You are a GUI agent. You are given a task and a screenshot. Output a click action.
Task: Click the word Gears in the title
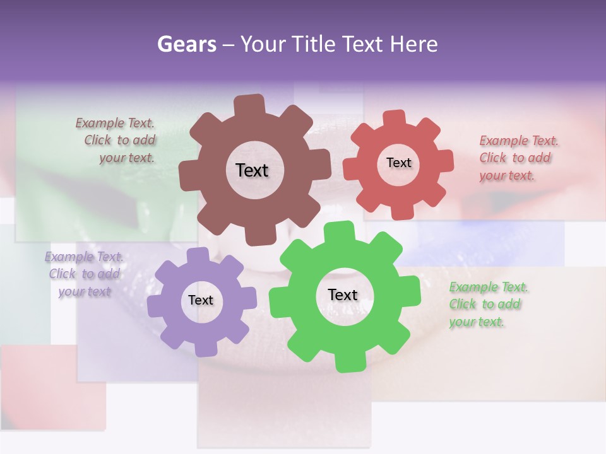click(186, 44)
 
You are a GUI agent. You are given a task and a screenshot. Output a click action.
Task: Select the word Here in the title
click(414, 44)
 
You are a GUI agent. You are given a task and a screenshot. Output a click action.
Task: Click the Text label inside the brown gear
click(252, 170)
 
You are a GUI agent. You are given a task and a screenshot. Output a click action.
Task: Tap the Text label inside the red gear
click(398, 163)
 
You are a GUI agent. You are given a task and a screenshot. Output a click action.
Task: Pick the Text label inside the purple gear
click(201, 300)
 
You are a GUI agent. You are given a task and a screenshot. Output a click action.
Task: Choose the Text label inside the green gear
click(343, 294)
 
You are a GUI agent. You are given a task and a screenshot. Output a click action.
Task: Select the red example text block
click(518, 158)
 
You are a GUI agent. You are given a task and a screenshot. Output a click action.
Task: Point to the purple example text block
click(84, 274)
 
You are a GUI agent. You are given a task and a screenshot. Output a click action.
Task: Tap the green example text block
click(487, 304)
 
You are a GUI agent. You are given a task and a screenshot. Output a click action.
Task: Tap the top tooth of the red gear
click(395, 119)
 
